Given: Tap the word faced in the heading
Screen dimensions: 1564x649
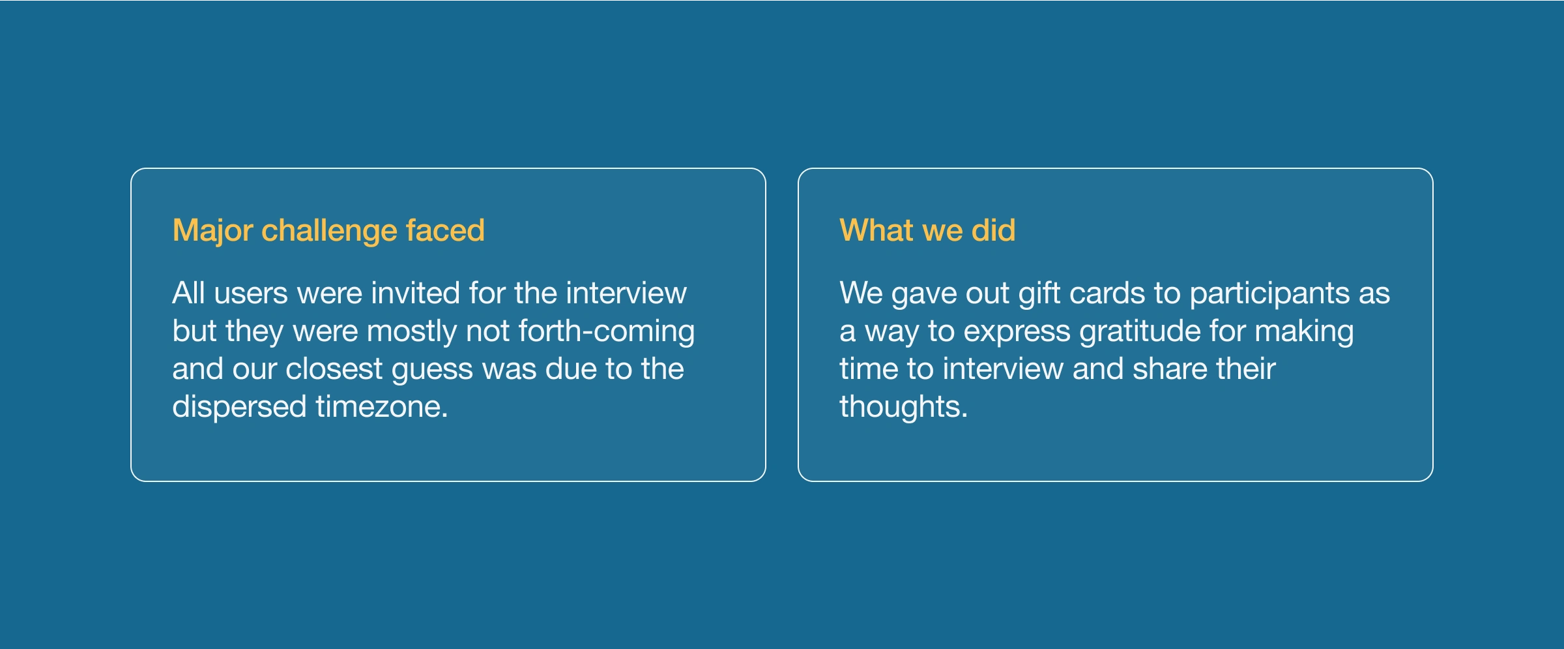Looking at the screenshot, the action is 445,230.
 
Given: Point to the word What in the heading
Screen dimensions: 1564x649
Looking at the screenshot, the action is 877,230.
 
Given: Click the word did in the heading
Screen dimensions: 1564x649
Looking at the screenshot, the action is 993,230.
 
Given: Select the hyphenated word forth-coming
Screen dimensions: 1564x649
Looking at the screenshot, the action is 607,332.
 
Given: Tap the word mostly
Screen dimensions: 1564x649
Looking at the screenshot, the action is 412,332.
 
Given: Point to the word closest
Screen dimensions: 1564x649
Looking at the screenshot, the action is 334,369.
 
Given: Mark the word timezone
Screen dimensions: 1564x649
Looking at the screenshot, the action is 382,407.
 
